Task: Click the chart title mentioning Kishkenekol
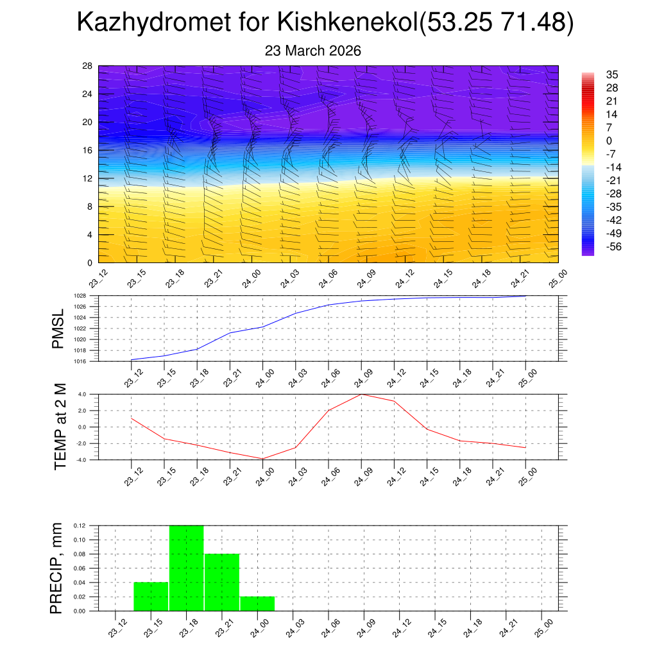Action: click(x=325, y=23)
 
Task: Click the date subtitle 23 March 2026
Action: click(x=313, y=51)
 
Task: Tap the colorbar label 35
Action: click(x=612, y=75)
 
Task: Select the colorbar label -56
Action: click(x=615, y=246)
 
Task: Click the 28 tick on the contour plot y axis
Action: click(x=88, y=66)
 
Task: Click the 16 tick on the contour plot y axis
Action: click(x=88, y=150)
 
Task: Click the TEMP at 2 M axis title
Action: click(x=61, y=427)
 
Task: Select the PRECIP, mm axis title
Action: click(x=58, y=568)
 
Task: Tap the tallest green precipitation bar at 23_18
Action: click(x=187, y=568)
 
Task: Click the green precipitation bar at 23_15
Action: click(x=151, y=596)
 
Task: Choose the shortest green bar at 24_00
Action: click(x=257, y=604)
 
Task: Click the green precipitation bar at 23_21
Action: click(x=222, y=582)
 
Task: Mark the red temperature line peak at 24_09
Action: click(x=361, y=394)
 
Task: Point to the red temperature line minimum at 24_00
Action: click(x=262, y=459)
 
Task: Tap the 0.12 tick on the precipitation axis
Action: click(x=80, y=525)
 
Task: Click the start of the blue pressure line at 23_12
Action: click(x=132, y=360)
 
